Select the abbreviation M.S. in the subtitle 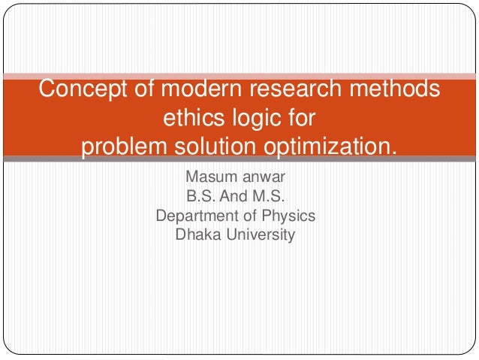270,198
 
